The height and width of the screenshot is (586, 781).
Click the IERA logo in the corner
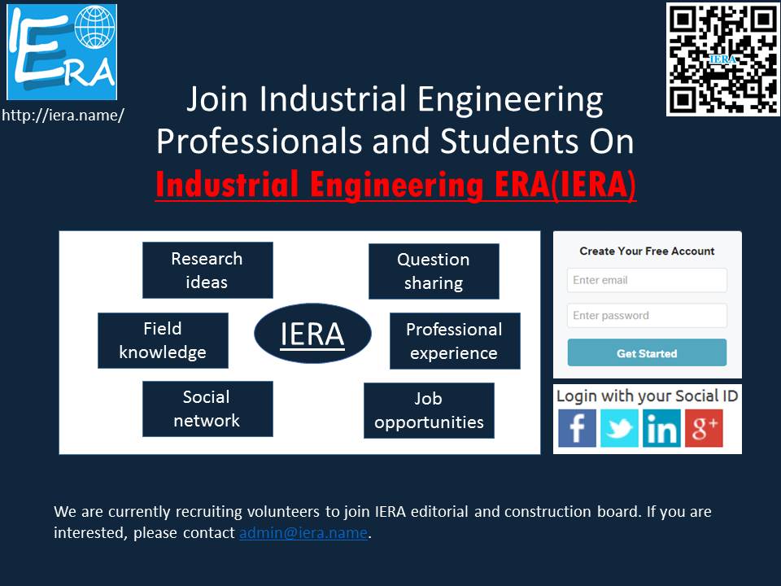(62, 52)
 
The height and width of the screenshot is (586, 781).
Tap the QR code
(722, 59)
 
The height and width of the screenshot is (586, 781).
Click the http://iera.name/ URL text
(63, 115)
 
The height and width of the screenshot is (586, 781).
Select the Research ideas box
(207, 270)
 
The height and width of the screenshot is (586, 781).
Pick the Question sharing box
(434, 271)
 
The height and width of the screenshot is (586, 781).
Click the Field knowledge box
(163, 340)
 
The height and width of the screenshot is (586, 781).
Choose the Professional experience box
(455, 341)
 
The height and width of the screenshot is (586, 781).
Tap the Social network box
(207, 409)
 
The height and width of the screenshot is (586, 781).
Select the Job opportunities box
(429, 410)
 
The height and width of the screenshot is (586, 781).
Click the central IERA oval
(312, 334)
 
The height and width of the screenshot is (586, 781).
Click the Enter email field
(647, 280)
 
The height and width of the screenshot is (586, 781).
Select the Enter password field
(647, 316)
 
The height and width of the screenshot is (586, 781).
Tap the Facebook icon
(577, 428)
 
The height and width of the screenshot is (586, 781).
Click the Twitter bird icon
(619, 428)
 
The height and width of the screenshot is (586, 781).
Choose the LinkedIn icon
(661, 428)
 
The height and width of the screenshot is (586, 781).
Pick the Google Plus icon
(704, 428)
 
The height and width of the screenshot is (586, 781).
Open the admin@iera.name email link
(303, 532)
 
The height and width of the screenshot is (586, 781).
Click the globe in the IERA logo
(94, 26)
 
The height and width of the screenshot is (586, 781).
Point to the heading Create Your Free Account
(647, 251)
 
